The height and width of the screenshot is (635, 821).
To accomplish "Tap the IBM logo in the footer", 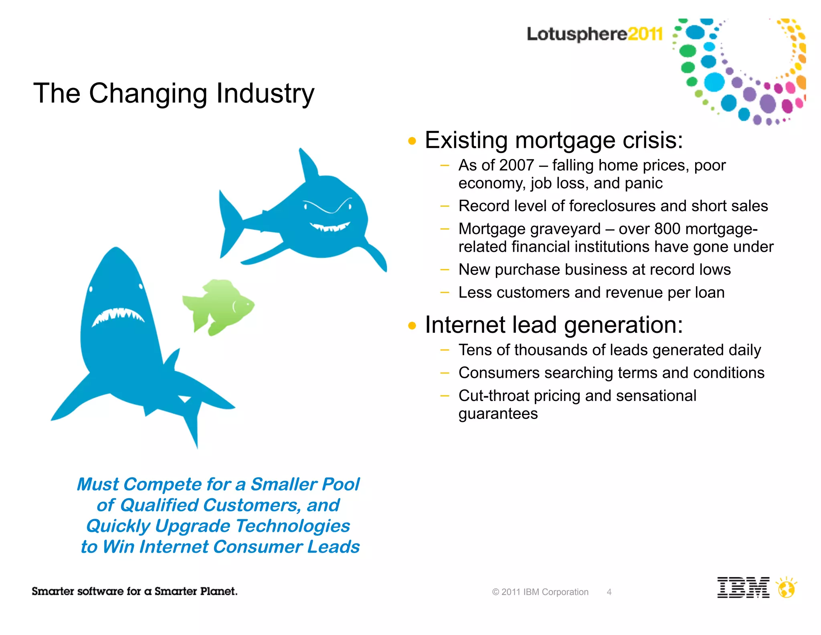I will [x=743, y=588].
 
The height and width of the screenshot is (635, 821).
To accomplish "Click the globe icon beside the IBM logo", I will [x=786, y=589].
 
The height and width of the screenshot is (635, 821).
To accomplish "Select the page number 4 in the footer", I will [x=609, y=592].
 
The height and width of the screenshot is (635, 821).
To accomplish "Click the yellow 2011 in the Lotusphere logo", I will [x=645, y=34].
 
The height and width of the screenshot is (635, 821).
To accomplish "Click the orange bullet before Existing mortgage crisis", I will [x=412, y=141].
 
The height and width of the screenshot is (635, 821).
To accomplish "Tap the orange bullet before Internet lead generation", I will [x=412, y=326].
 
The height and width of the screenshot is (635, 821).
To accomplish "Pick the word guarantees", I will [x=498, y=414].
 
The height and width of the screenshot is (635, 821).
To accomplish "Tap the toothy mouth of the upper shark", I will [x=330, y=227].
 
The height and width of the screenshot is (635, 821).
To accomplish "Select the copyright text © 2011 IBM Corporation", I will [x=540, y=592].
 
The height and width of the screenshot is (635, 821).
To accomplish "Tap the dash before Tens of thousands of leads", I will [x=444, y=350].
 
